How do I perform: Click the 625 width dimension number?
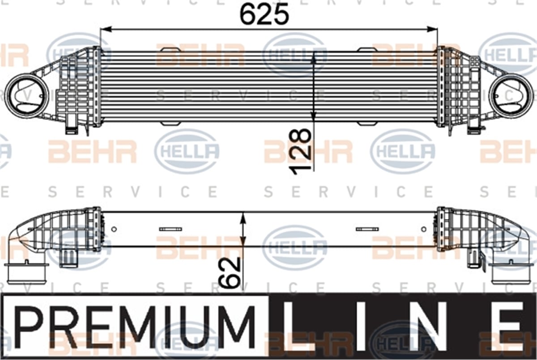click(x=264, y=15)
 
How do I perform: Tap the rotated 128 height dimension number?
click(x=301, y=152)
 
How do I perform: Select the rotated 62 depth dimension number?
click(x=230, y=272)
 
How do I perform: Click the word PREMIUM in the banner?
click(x=135, y=327)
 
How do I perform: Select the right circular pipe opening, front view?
click(x=511, y=96)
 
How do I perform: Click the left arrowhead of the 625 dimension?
click(x=106, y=30)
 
